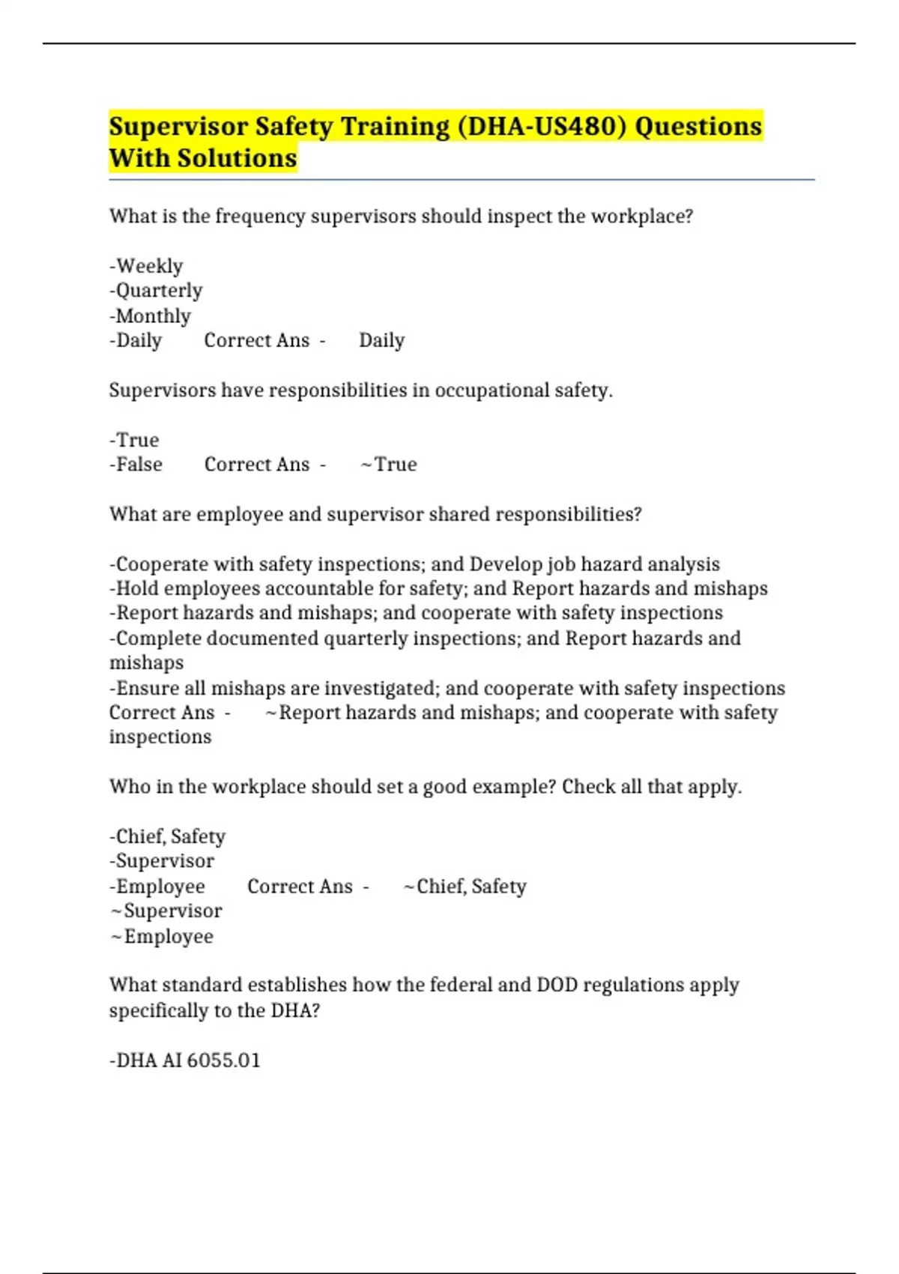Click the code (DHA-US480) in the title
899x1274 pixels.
540,127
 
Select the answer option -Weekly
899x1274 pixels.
146,266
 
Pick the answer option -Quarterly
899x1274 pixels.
156,291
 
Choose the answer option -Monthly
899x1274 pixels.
150,316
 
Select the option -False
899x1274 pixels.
136,465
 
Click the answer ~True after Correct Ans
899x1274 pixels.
389,465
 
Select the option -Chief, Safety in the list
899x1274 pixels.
167,836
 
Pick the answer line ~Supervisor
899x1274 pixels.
166,911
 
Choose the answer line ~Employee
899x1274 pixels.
162,937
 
